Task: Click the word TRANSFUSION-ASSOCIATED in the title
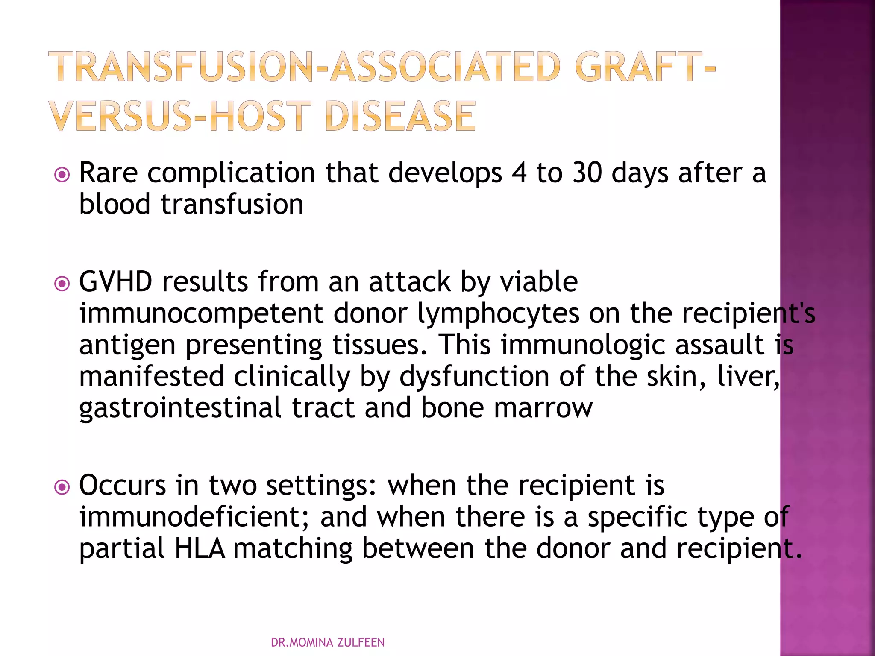pos(303,67)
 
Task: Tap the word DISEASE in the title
pos(400,116)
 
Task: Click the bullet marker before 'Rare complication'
pos(62,175)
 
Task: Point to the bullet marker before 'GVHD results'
pos(62,284)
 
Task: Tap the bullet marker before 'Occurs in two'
pos(62,487)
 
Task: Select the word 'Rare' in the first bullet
pos(109,173)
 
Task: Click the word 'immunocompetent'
pos(201,313)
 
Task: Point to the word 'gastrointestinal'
pos(180,408)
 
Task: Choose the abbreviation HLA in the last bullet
pos(200,548)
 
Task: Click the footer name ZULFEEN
pos(361,642)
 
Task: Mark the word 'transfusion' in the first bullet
pos(232,204)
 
